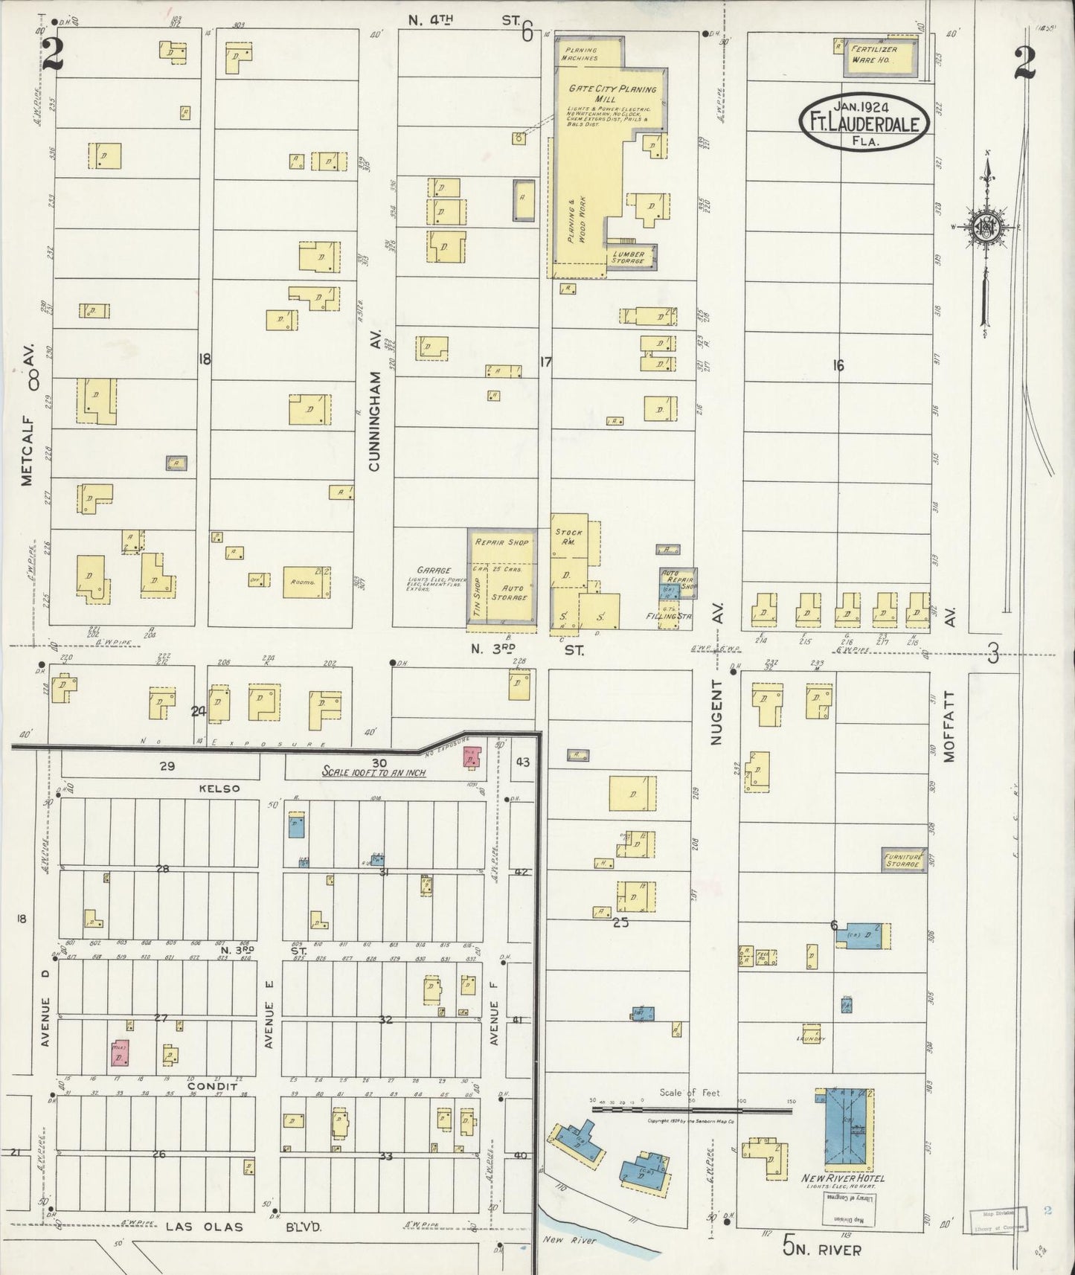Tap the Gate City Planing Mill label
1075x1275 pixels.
[x=613, y=93]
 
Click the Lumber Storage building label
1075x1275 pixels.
[x=629, y=257]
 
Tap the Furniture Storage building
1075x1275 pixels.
[x=904, y=861]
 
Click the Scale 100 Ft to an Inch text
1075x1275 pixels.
[x=374, y=772]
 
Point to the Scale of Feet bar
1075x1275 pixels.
[x=692, y=1109]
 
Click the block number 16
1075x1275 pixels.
[x=838, y=365]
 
